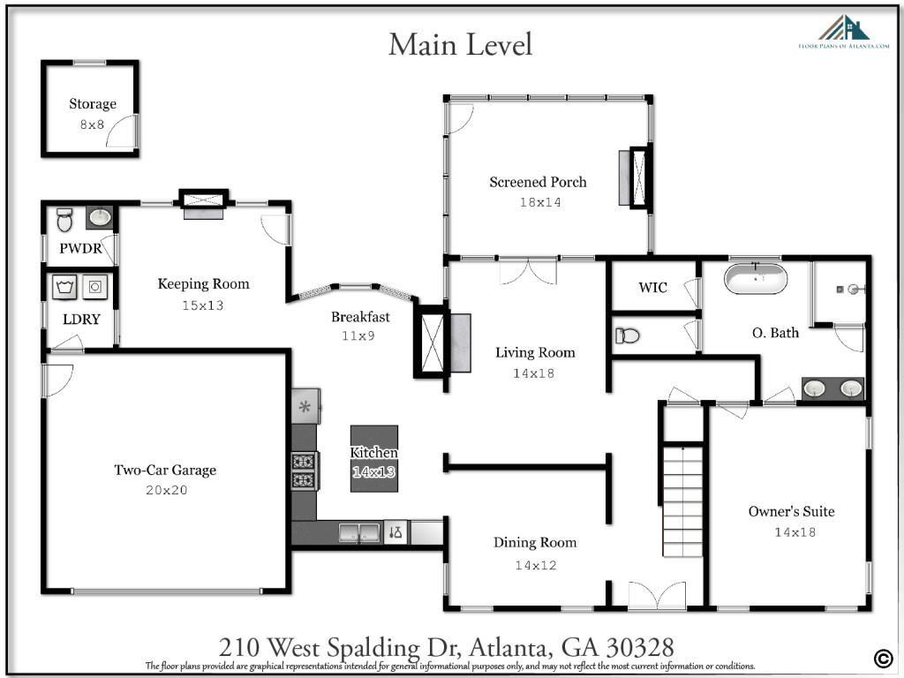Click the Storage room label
93,104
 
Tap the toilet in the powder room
64,217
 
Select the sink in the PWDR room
101,216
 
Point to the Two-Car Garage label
165,471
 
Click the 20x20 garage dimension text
166,491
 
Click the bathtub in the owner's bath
756,278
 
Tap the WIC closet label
652,288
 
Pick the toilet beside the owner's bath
627,335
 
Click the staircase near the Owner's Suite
682,501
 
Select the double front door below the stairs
656,595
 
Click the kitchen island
374,458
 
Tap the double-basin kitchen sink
358,532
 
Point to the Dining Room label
535,543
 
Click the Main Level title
460,43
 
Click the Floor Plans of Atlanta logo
843,33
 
